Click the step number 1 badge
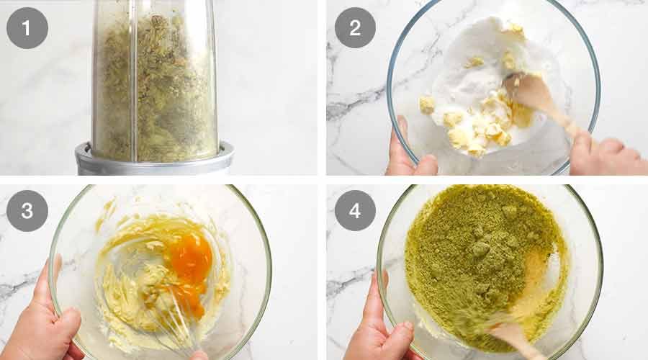[27, 28]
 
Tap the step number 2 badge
[355, 28]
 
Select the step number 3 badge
[27, 210]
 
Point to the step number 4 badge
[355, 210]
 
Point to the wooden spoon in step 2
[537, 99]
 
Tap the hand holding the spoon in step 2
[606, 153]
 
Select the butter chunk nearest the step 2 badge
[427, 105]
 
